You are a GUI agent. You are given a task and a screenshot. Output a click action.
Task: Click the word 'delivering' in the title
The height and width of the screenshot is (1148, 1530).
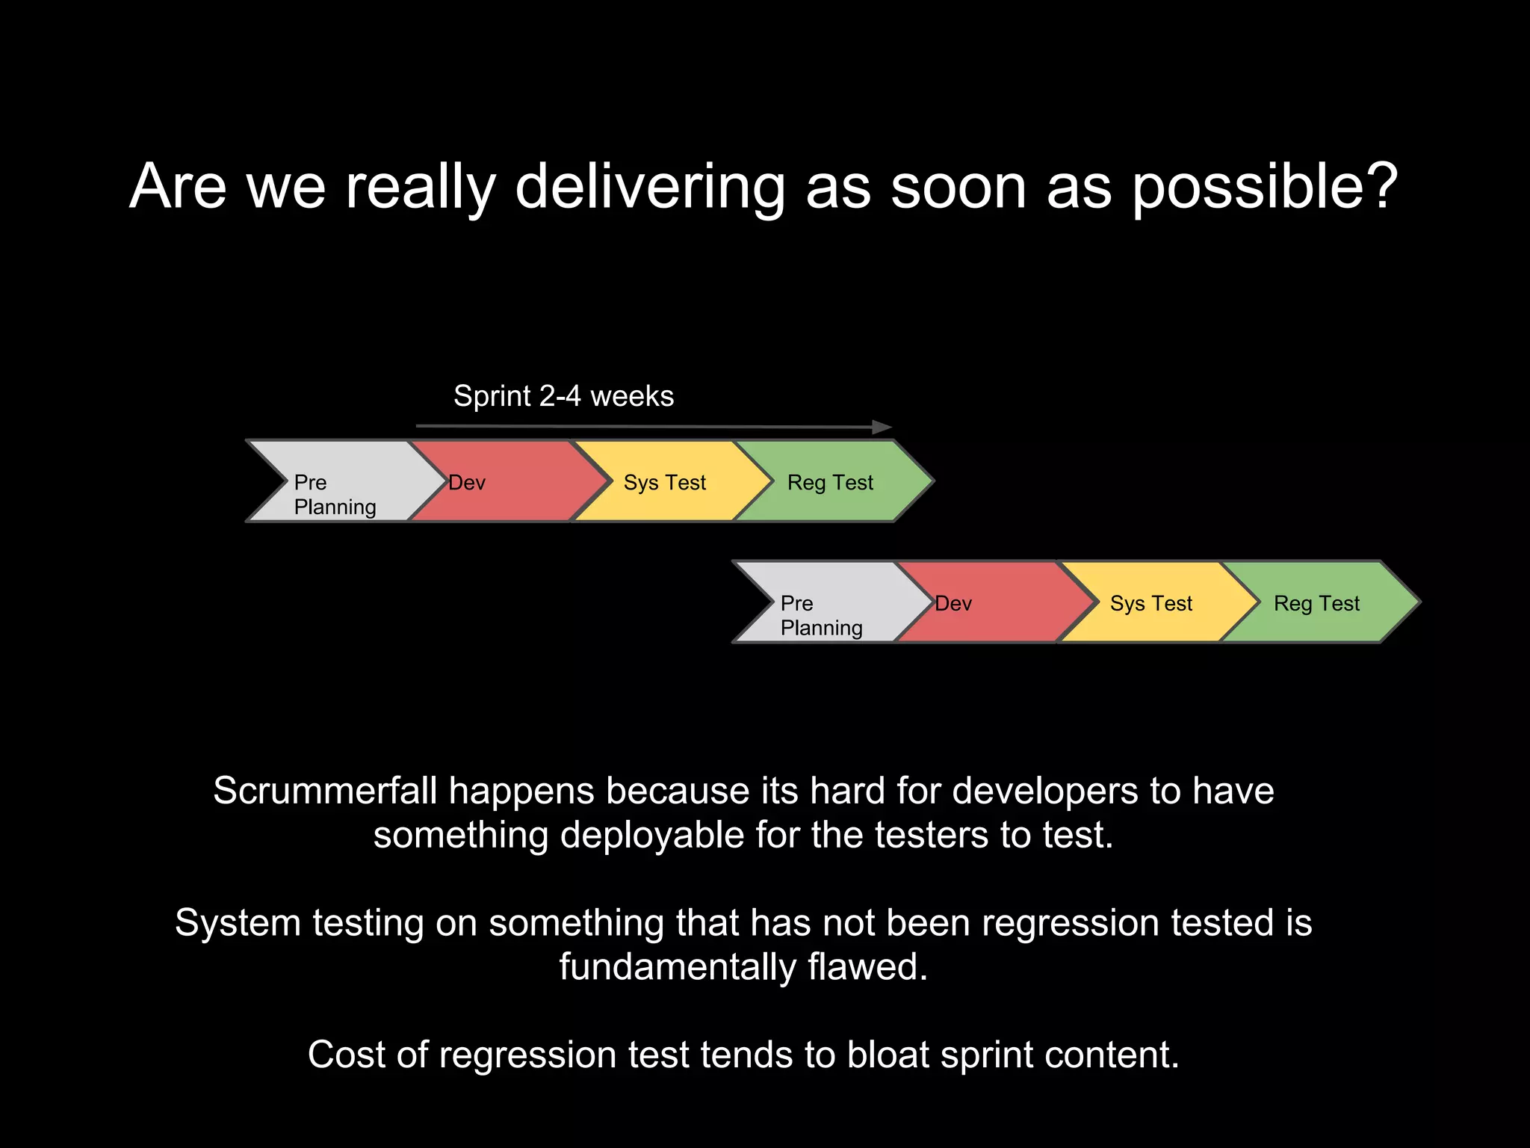[650, 187]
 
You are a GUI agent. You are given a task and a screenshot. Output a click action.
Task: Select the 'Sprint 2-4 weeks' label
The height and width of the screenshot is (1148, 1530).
[563, 396]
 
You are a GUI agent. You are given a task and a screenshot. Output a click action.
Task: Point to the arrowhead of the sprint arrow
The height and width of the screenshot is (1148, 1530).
[882, 428]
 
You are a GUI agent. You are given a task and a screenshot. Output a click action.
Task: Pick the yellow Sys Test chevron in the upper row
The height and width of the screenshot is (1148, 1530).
[665, 482]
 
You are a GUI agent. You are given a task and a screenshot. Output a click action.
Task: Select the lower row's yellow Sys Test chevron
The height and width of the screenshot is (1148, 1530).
[1151, 602]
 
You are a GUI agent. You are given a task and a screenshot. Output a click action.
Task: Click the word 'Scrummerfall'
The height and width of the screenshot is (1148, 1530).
[325, 791]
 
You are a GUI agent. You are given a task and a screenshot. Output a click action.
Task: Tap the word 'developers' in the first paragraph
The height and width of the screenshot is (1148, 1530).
[1046, 791]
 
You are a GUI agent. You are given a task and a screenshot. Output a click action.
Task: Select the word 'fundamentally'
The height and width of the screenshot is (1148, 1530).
[678, 967]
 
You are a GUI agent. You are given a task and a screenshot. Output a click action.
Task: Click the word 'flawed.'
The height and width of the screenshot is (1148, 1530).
[868, 967]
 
